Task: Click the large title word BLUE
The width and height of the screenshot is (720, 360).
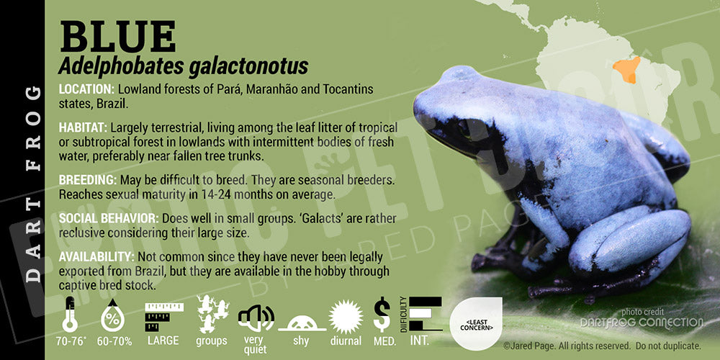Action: click(117, 37)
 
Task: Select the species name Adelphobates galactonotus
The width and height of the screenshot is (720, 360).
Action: click(183, 66)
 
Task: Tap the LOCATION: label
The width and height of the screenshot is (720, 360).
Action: click(86, 89)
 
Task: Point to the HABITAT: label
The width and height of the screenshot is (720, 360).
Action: click(83, 127)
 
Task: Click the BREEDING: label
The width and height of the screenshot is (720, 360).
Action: click(87, 179)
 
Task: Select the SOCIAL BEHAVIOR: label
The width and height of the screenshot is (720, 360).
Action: click(109, 218)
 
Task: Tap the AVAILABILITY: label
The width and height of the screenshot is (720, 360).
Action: click(96, 256)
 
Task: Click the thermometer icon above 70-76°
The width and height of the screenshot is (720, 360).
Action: click(70, 315)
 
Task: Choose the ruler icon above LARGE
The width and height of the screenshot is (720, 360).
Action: click(164, 317)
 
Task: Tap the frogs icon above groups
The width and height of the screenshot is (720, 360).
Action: click(212, 314)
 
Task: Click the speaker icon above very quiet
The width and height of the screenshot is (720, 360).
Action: click(256, 318)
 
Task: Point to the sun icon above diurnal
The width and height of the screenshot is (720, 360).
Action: click(346, 317)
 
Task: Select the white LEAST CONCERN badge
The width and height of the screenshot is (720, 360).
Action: click(476, 324)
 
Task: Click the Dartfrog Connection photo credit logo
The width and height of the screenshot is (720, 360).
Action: click(641, 323)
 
